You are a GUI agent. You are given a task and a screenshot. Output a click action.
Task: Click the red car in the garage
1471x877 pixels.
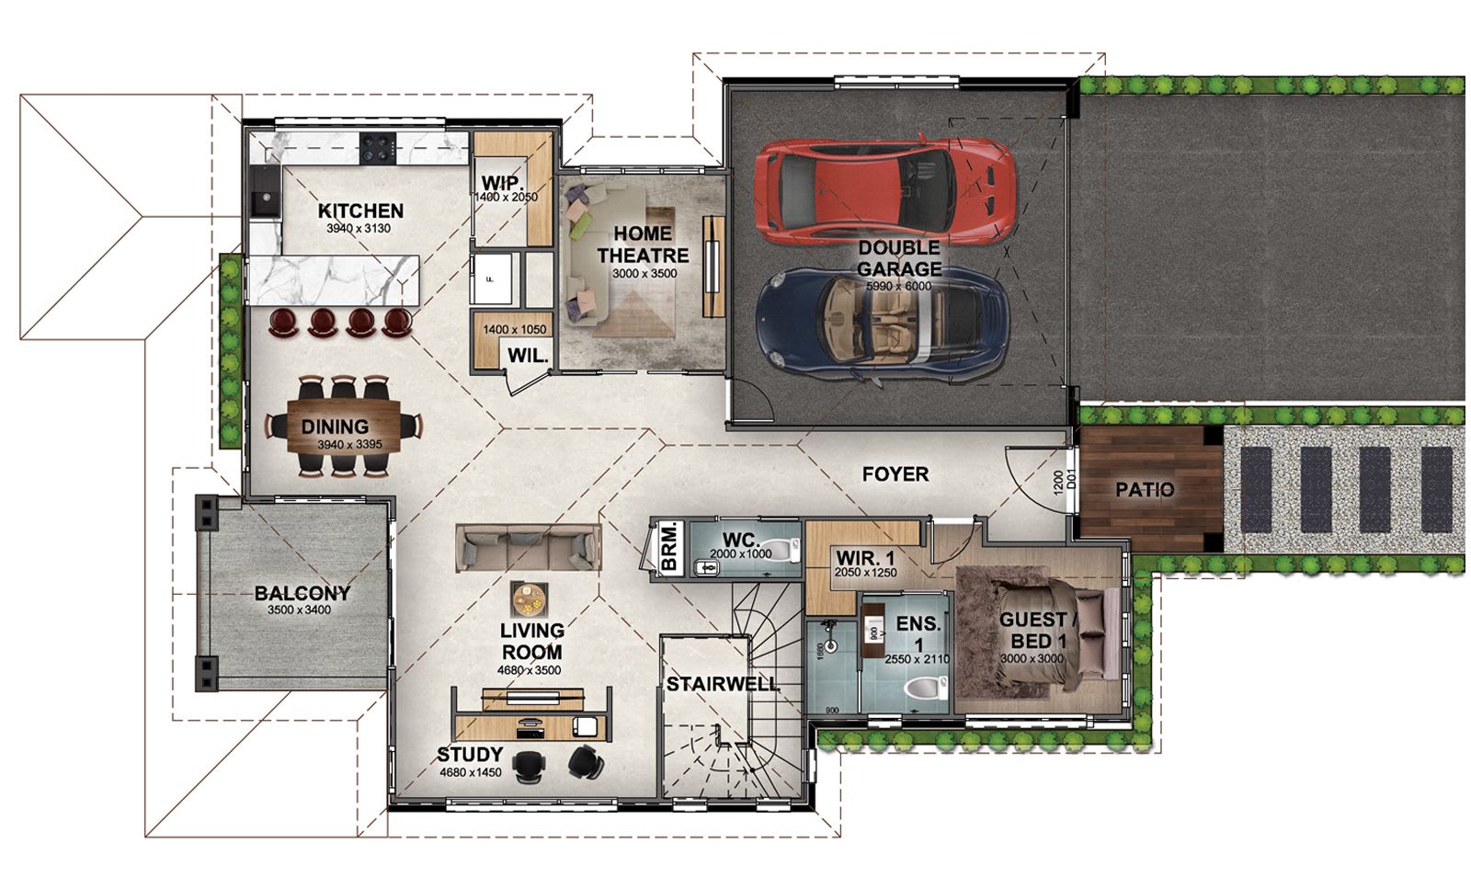coord(884,190)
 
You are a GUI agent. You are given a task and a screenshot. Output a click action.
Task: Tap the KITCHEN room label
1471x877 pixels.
coord(360,211)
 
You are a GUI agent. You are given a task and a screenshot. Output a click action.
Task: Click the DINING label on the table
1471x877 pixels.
coord(335,427)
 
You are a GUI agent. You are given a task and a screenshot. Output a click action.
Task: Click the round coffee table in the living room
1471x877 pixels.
coord(530,600)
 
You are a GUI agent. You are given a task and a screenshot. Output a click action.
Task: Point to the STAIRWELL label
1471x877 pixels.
coord(722,685)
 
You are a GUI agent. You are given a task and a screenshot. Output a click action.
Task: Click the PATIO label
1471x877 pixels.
coord(1145,490)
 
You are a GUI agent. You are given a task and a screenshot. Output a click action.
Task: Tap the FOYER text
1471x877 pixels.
coord(895,474)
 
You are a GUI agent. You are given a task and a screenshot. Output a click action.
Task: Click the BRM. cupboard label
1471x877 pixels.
coord(668,549)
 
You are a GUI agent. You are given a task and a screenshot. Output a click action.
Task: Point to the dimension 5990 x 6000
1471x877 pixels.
coord(898,287)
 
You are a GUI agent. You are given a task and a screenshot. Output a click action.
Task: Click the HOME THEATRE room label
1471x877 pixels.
coord(643,245)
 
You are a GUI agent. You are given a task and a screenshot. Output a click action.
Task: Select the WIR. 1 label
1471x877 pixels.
coord(865,558)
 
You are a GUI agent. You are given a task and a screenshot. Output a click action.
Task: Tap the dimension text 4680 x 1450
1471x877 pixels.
coord(470,772)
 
